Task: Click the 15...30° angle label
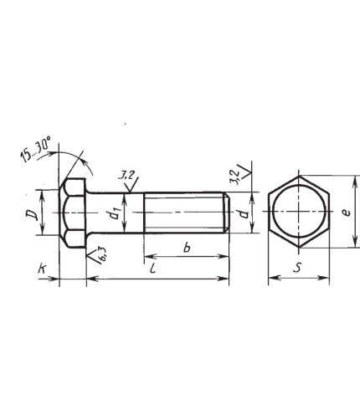(35, 149)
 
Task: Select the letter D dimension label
(32, 214)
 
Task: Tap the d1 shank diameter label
(115, 213)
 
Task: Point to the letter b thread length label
(187, 247)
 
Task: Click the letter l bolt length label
(152, 268)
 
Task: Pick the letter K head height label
(42, 269)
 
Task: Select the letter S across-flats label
(297, 268)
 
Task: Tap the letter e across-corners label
(346, 213)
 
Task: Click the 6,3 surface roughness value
(102, 254)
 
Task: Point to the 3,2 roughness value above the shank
(126, 176)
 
